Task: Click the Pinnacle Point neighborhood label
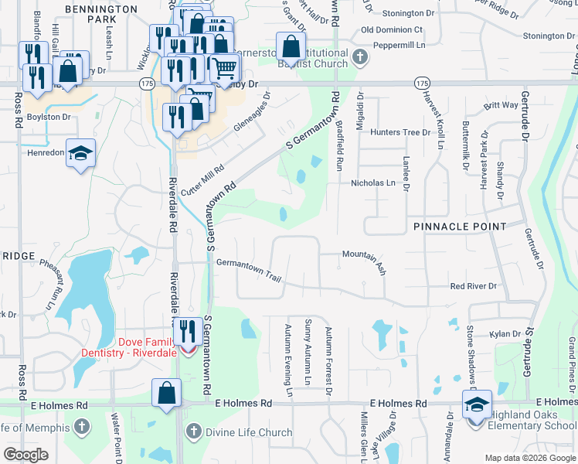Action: [460, 226]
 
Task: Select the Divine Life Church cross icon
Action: [192, 431]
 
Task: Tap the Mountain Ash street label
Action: [364, 260]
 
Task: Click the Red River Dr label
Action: [473, 286]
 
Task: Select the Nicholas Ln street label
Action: [373, 183]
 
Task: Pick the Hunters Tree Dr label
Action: [399, 132]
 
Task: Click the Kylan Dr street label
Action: [506, 334]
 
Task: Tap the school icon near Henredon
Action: [80, 153]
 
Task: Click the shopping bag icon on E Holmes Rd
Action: [166, 393]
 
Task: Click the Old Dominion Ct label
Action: [397, 29]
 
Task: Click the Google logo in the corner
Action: [26, 455]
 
